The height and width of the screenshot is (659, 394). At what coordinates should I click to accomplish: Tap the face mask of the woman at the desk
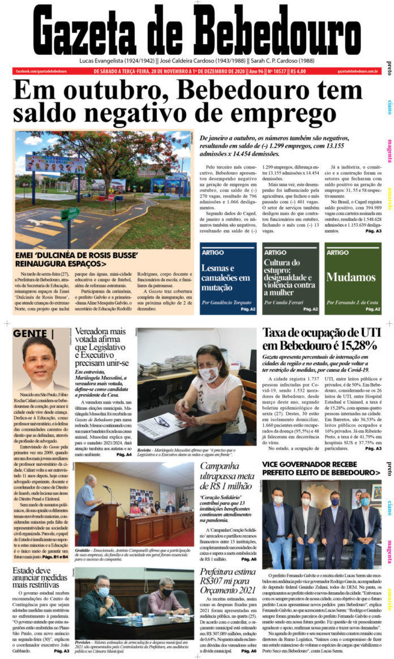tap(208, 374)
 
